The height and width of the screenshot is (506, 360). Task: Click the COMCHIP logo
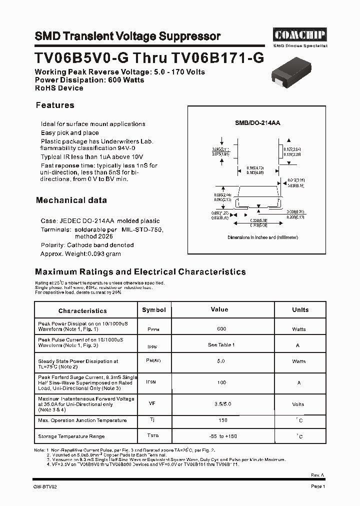click(299, 35)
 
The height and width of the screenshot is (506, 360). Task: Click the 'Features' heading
click(55, 105)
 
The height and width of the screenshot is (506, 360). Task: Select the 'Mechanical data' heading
click(71, 200)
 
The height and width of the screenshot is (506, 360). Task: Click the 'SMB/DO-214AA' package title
click(257, 122)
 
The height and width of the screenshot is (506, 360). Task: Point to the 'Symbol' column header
click(153, 310)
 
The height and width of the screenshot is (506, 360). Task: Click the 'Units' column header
click(300, 310)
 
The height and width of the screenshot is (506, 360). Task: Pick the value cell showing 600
click(221, 329)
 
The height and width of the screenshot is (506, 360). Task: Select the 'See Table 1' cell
click(221, 345)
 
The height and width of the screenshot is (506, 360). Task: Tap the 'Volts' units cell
click(298, 403)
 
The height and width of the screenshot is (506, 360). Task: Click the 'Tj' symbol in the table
click(152, 420)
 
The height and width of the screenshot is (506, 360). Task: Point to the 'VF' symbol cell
click(152, 402)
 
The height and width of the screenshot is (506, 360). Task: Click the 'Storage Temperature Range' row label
click(71, 436)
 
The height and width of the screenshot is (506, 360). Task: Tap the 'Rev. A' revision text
click(318, 475)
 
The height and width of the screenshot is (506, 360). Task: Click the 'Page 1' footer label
click(318, 486)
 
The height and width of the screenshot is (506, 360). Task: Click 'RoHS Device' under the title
click(59, 88)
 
